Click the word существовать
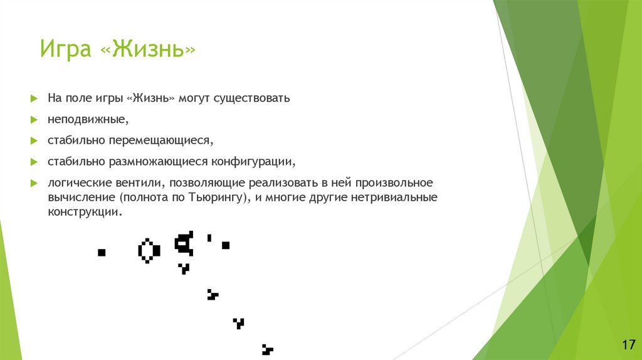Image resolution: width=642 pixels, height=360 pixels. coord(251,99)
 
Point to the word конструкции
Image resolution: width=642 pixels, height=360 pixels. coord(82,212)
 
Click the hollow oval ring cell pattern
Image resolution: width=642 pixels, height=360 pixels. coord(148,250)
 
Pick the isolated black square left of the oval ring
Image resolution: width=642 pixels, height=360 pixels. coord(101,252)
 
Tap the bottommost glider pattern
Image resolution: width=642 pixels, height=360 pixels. coord(267,349)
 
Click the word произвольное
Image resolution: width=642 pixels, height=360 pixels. coord(394,183)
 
